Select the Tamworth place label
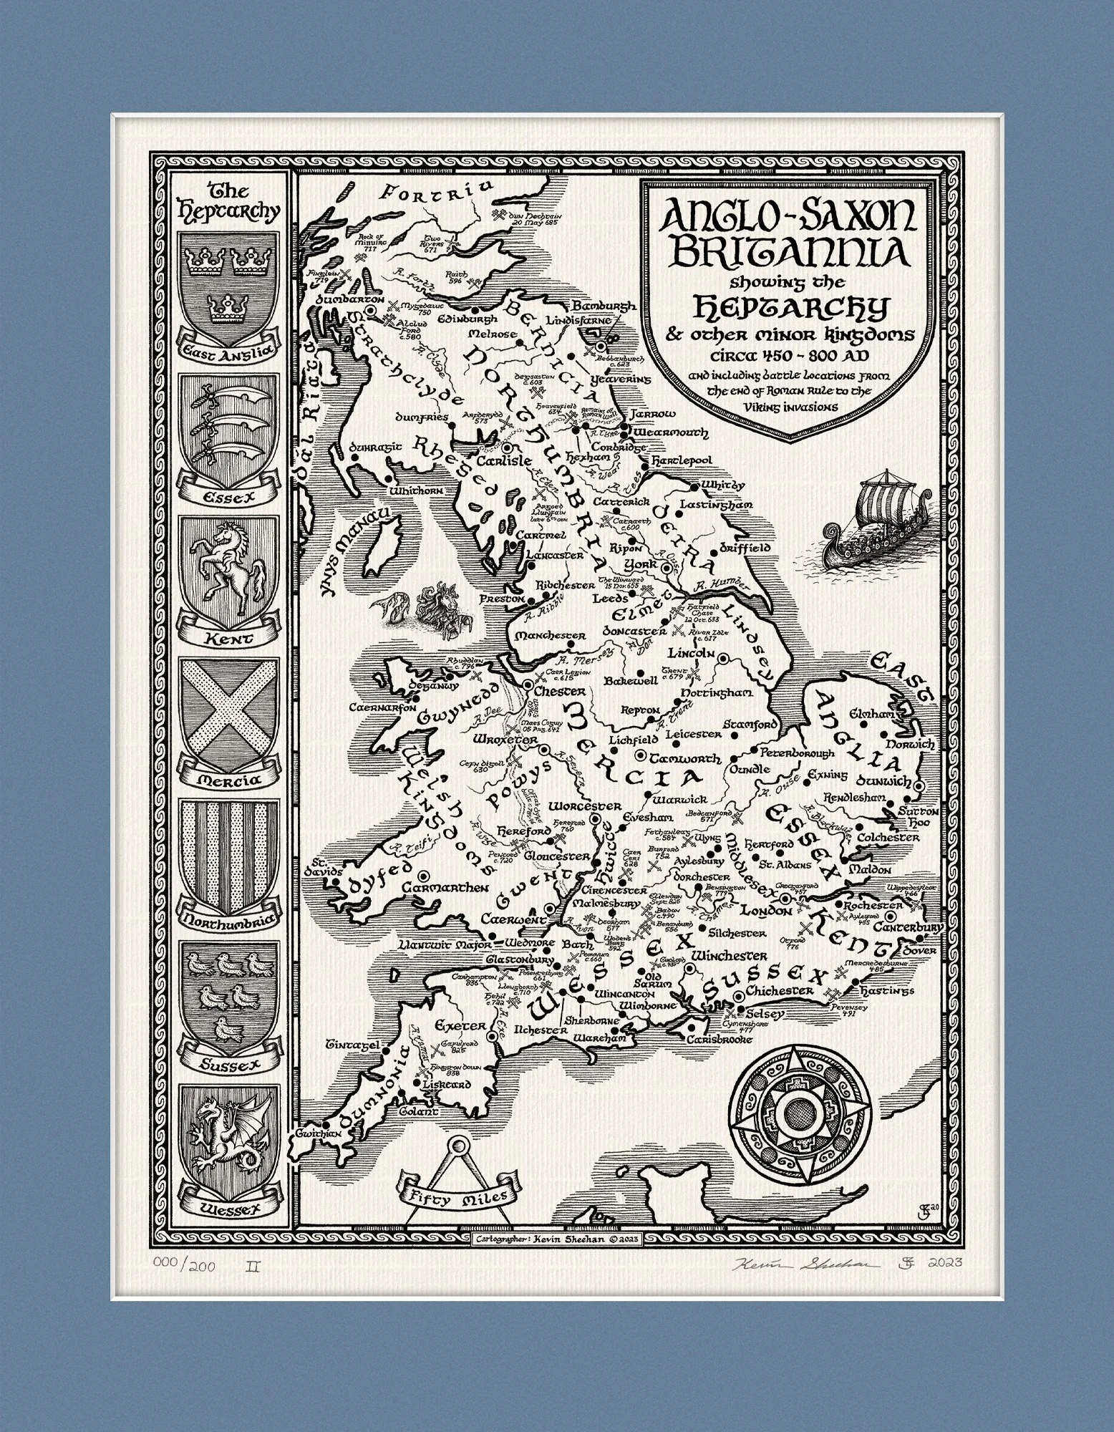point(686,758)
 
